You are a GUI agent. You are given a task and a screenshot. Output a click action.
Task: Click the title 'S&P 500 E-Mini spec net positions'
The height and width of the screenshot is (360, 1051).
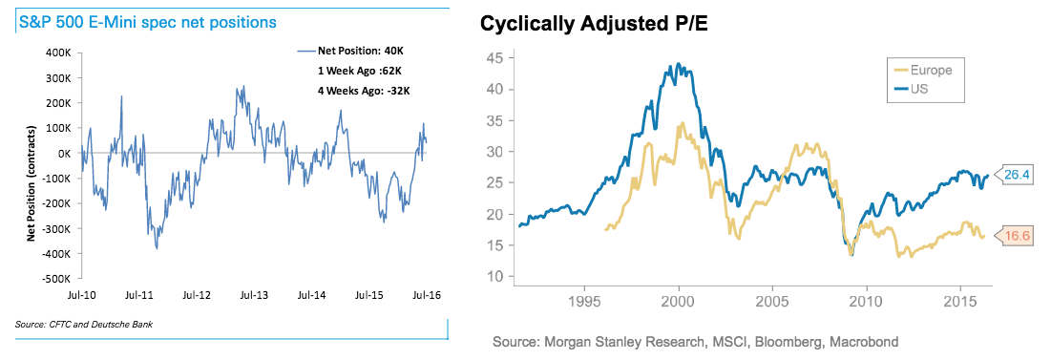click(147, 22)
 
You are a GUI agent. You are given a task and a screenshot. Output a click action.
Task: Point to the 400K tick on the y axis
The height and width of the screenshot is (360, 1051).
click(59, 53)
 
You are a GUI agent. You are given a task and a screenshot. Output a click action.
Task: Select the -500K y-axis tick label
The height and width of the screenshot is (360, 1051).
click(57, 278)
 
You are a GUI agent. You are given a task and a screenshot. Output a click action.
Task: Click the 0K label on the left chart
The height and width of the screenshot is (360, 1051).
click(64, 153)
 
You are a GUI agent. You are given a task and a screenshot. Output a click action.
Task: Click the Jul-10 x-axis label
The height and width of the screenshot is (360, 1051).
click(80, 295)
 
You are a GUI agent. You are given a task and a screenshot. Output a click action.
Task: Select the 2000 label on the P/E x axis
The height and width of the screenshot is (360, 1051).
click(679, 297)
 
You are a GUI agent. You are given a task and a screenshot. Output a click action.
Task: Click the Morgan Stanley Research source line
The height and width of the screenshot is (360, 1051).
click(695, 343)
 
